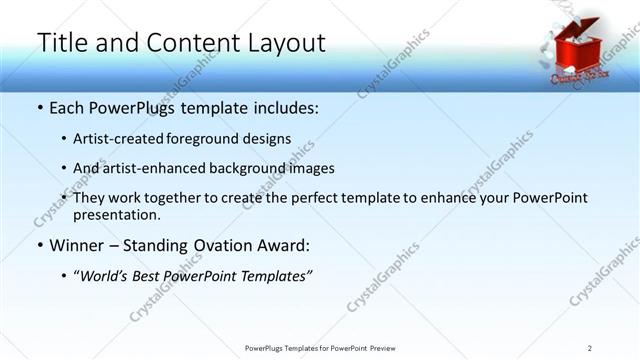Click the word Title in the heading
[63, 43]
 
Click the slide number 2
[591, 347]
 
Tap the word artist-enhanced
[175, 168]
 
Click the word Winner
[76, 244]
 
